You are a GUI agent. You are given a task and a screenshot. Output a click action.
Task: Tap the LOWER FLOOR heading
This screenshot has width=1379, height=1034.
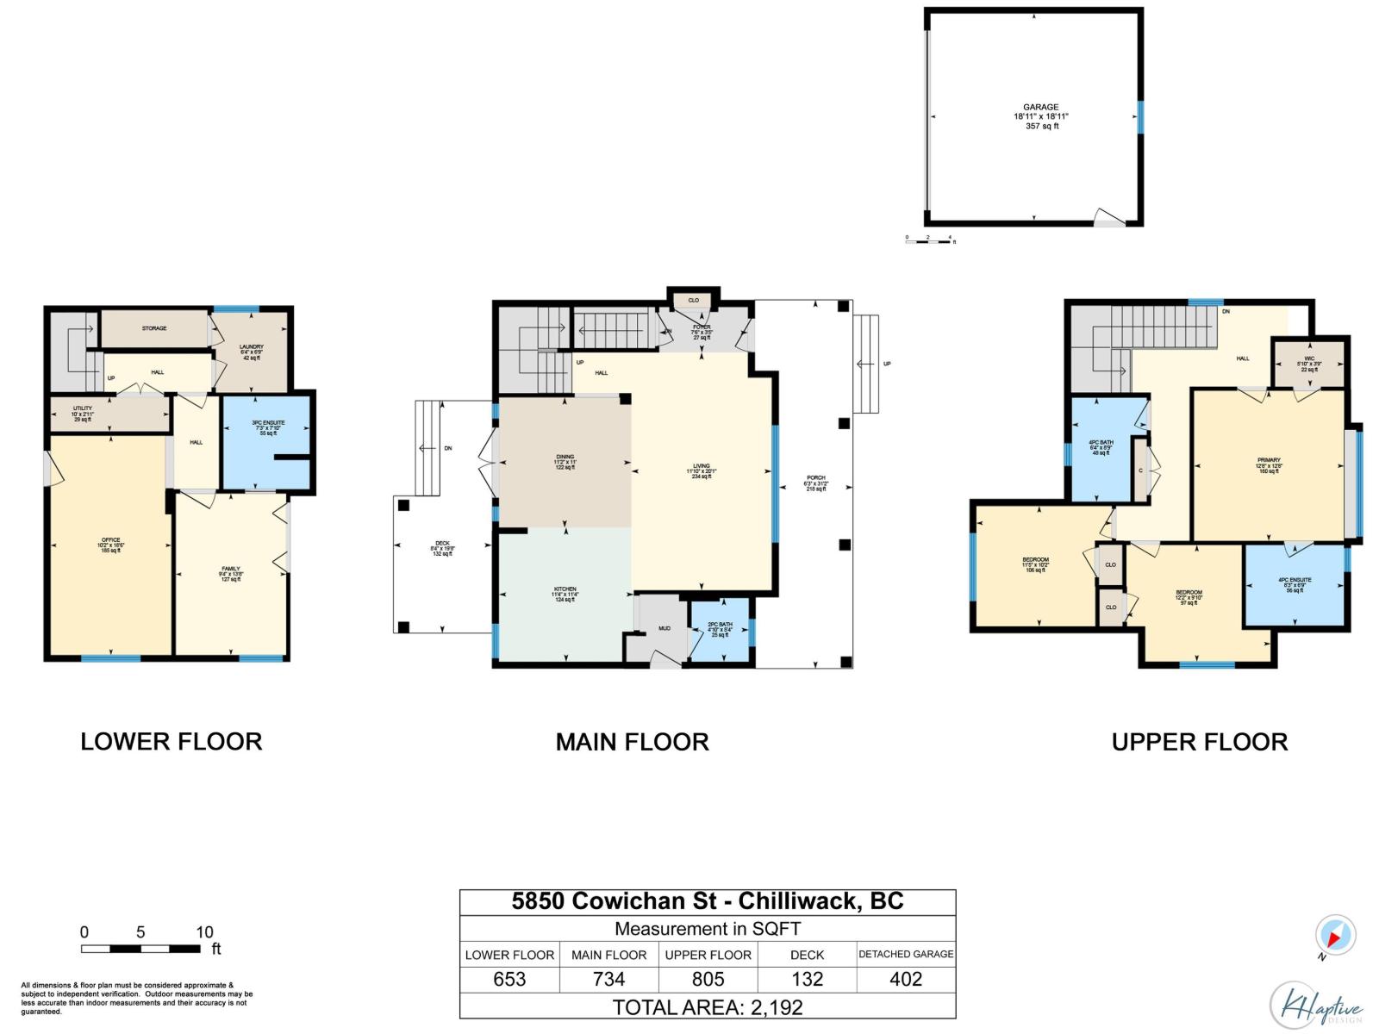click(171, 742)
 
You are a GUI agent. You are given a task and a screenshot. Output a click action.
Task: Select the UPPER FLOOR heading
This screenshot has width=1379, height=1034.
click(1199, 742)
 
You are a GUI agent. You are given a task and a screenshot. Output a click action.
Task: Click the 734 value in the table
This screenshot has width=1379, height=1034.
click(608, 979)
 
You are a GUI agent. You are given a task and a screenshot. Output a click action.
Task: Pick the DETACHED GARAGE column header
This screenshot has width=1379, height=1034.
click(906, 954)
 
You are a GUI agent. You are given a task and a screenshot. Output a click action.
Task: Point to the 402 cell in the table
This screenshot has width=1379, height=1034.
click(906, 979)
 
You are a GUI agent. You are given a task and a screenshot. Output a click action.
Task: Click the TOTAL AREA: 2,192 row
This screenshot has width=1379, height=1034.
click(707, 1006)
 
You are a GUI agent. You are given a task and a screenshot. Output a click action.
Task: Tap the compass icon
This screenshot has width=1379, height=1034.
click(1335, 936)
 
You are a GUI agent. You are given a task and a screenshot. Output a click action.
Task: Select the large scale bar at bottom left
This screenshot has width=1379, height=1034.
click(142, 949)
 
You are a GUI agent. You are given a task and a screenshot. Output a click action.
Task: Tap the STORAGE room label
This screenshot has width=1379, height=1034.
click(154, 328)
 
